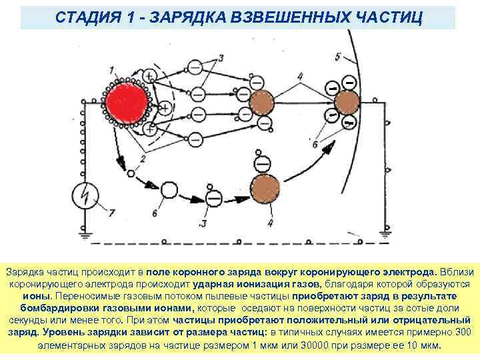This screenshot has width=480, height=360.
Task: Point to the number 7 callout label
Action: [111, 213]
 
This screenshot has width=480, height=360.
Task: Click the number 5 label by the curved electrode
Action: [338, 56]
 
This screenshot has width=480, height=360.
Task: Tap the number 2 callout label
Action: [142, 158]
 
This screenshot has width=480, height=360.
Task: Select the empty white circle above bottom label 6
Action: [170, 191]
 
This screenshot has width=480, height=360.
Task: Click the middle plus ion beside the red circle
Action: [164, 107]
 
